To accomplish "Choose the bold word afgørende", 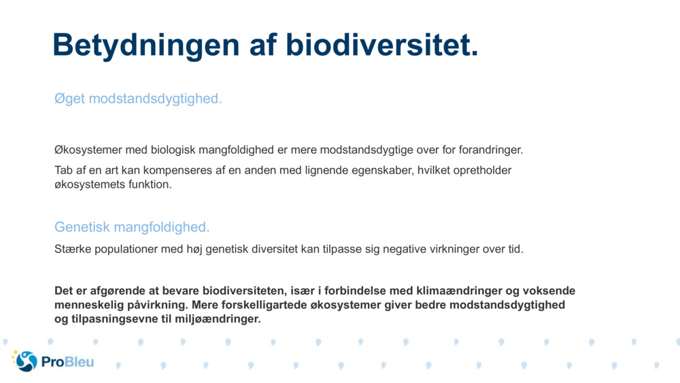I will tap(118, 291).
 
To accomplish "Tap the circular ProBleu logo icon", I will tap(25, 361).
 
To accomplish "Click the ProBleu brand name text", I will tap(67, 362).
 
